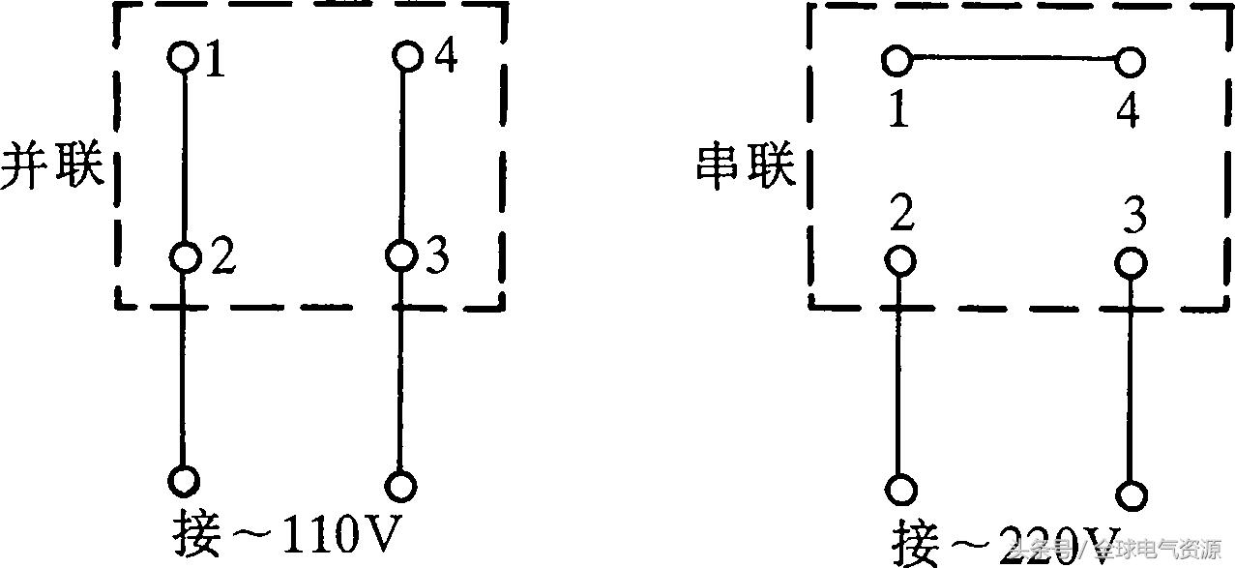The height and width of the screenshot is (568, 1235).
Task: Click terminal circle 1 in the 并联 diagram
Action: [x=183, y=56]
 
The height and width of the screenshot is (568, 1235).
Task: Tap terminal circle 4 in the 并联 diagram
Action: [x=407, y=56]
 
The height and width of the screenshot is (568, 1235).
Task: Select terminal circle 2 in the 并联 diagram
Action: [x=184, y=257]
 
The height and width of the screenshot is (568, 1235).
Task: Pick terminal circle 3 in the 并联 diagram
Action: [x=400, y=256]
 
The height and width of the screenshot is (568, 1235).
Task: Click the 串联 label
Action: [x=746, y=166]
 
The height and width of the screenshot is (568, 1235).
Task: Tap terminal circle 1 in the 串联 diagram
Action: [x=897, y=61]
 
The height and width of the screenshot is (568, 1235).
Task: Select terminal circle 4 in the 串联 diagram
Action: [x=1129, y=63]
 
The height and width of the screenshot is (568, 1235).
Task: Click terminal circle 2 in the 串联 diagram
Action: [x=900, y=261]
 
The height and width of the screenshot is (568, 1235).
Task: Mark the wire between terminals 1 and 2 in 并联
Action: [x=184, y=155]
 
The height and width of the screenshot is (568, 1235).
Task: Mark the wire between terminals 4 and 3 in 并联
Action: [x=401, y=155]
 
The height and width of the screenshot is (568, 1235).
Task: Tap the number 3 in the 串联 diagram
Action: [x=1134, y=218]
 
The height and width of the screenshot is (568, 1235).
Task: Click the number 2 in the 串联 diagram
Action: [x=902, y=216]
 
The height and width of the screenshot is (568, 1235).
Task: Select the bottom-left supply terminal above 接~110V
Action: [x=184, y=481]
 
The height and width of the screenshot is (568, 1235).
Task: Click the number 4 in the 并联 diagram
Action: [x=445, y=57]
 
